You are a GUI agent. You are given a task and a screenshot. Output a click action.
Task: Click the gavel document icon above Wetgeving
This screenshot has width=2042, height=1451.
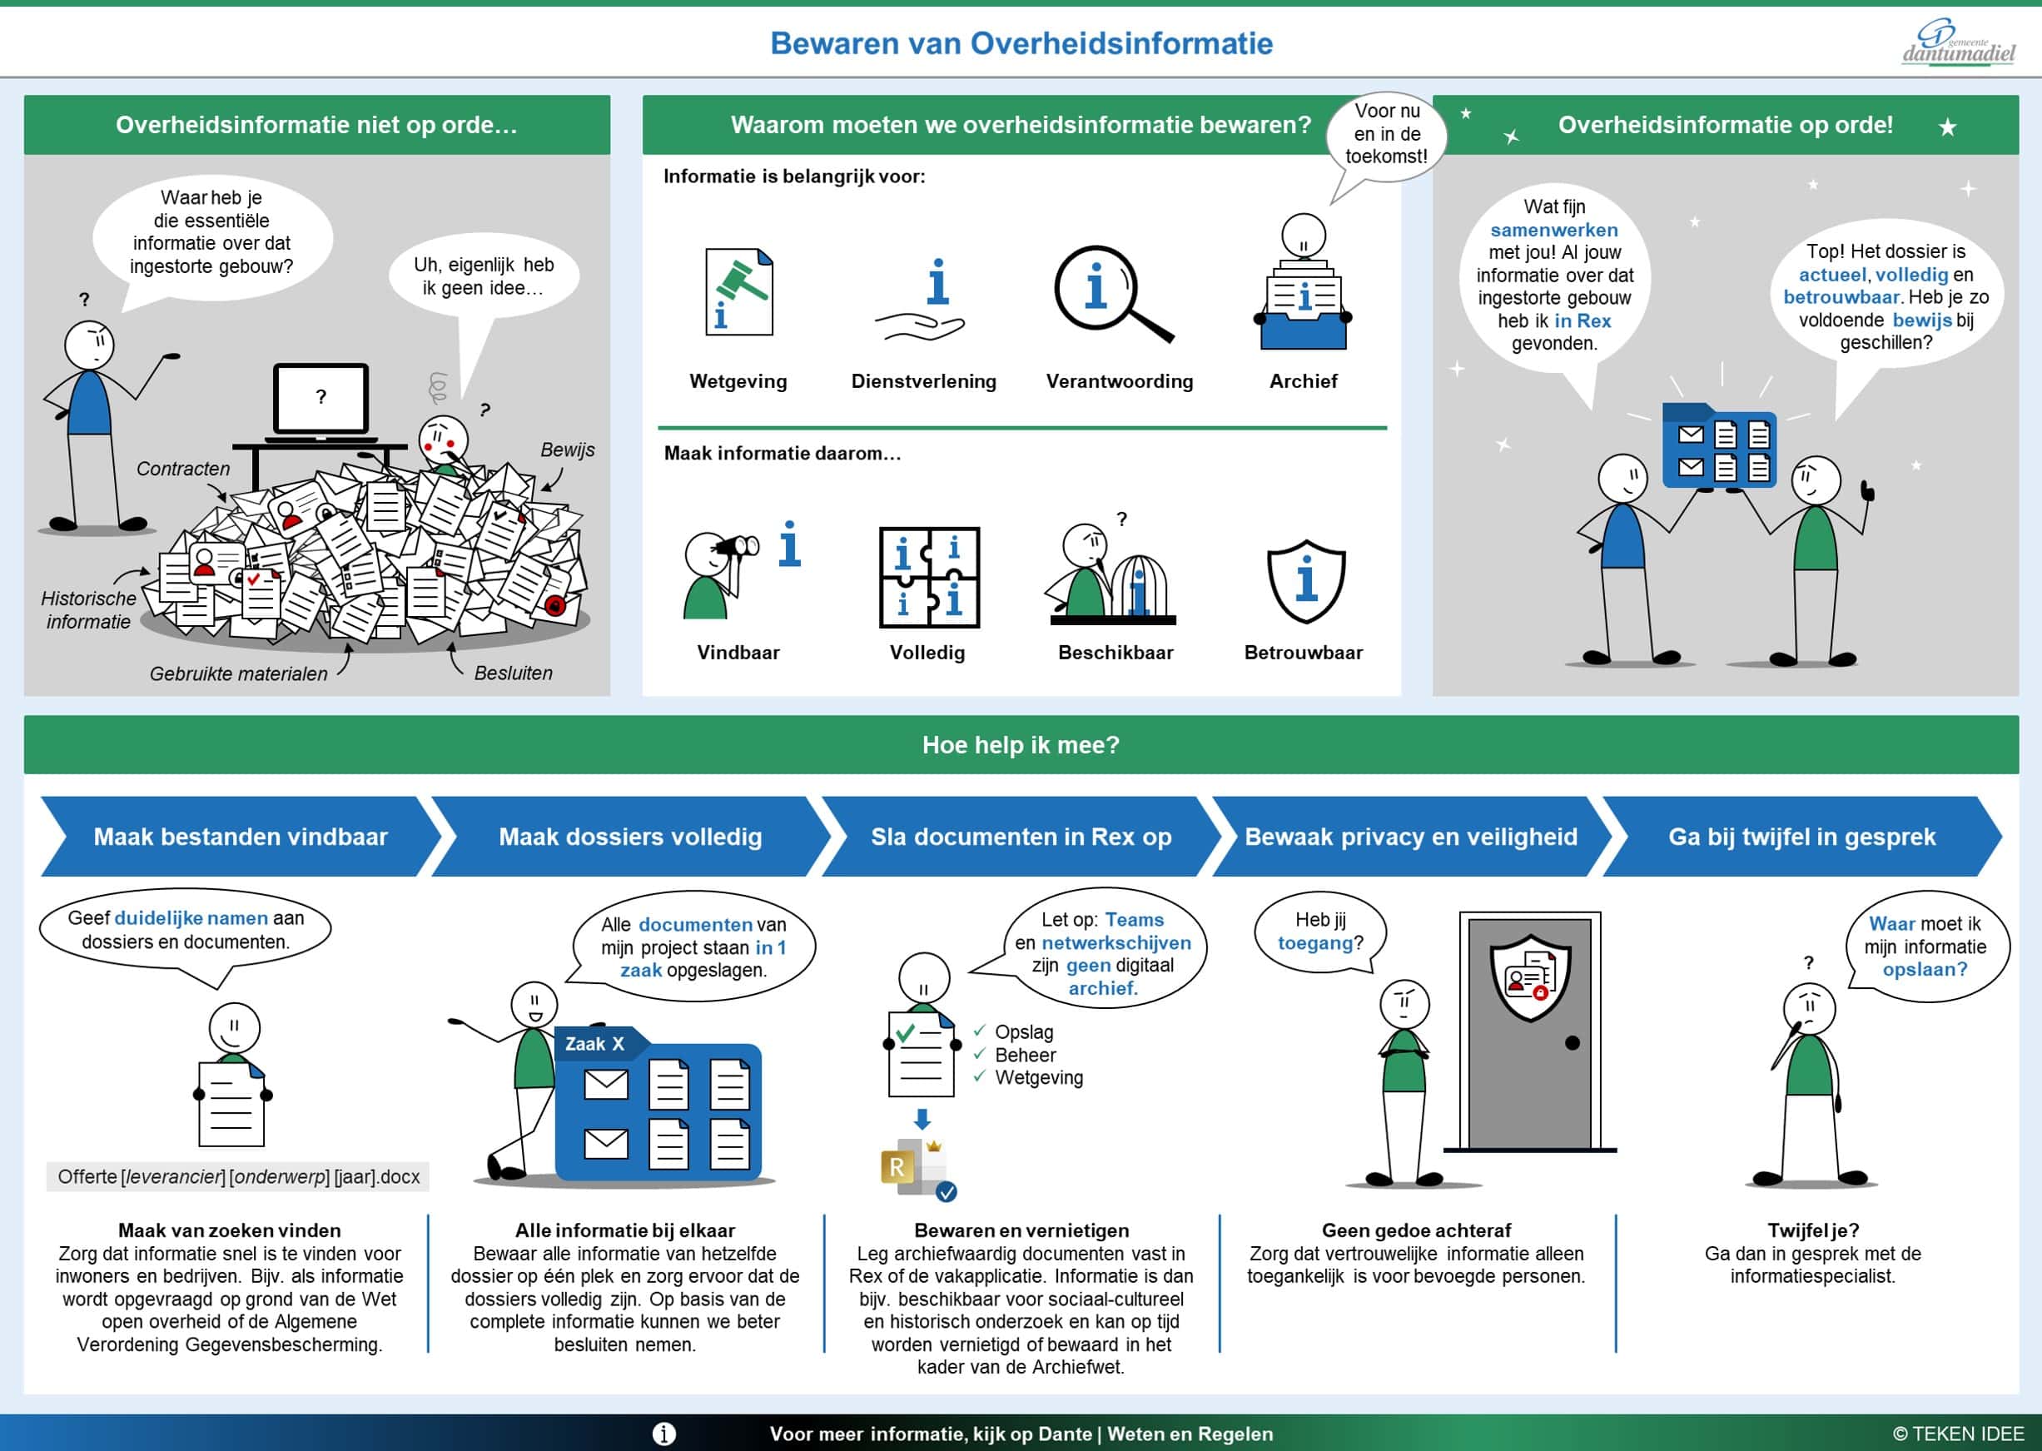pyautogui.click(x=738, y=292)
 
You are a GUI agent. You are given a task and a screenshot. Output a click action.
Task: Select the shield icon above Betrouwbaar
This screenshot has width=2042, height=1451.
pyautogui.click(x=1306, y=581)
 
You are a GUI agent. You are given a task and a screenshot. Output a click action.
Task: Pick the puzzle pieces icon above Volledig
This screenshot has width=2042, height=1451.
pyautogui.click(x=929, y=577)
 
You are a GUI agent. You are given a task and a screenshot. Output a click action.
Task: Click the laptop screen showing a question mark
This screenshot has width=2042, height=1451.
pyautogui.click(x=320, y=398)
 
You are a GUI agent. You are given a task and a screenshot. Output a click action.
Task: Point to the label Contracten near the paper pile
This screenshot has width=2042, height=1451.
pyautogui.click(x=183, y=468)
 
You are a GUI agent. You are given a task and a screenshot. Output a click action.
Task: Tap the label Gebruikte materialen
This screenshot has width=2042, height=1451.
pyautogui.click(x=239, y=673)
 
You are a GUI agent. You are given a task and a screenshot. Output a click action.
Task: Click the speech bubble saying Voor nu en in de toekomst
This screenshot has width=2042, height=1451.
pyautogui.click(x=1385, y=135)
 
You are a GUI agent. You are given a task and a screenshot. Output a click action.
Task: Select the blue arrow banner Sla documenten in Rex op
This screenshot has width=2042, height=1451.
pyautogui.click(x=1020, y=837)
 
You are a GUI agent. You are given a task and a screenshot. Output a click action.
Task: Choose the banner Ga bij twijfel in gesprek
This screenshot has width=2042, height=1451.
pyautogui.click(x=1801, y=837)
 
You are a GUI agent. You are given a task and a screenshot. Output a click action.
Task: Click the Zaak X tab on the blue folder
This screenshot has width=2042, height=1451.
pyautogui.click(x=595, y=1044)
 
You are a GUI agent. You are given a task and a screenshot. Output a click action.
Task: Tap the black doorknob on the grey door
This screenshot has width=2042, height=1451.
pyautogui.click(x=1573, y=1043)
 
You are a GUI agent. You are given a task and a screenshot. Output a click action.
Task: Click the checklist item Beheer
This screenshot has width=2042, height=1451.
pyautogui.click(x=1025, y=1056)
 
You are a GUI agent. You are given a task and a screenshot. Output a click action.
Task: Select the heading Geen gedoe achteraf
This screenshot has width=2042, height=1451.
pyautogui.click(x=1416, y=1230)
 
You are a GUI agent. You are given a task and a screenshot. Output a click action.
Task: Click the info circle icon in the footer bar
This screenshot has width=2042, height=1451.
pyautogui.click(x=663, y=1434)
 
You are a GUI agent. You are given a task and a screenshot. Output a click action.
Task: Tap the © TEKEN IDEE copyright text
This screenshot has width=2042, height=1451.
pyautogui.click(x=1957, y=1434)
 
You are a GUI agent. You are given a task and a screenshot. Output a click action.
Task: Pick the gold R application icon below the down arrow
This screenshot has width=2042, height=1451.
pyautogui.click(x=897, y=1166)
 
